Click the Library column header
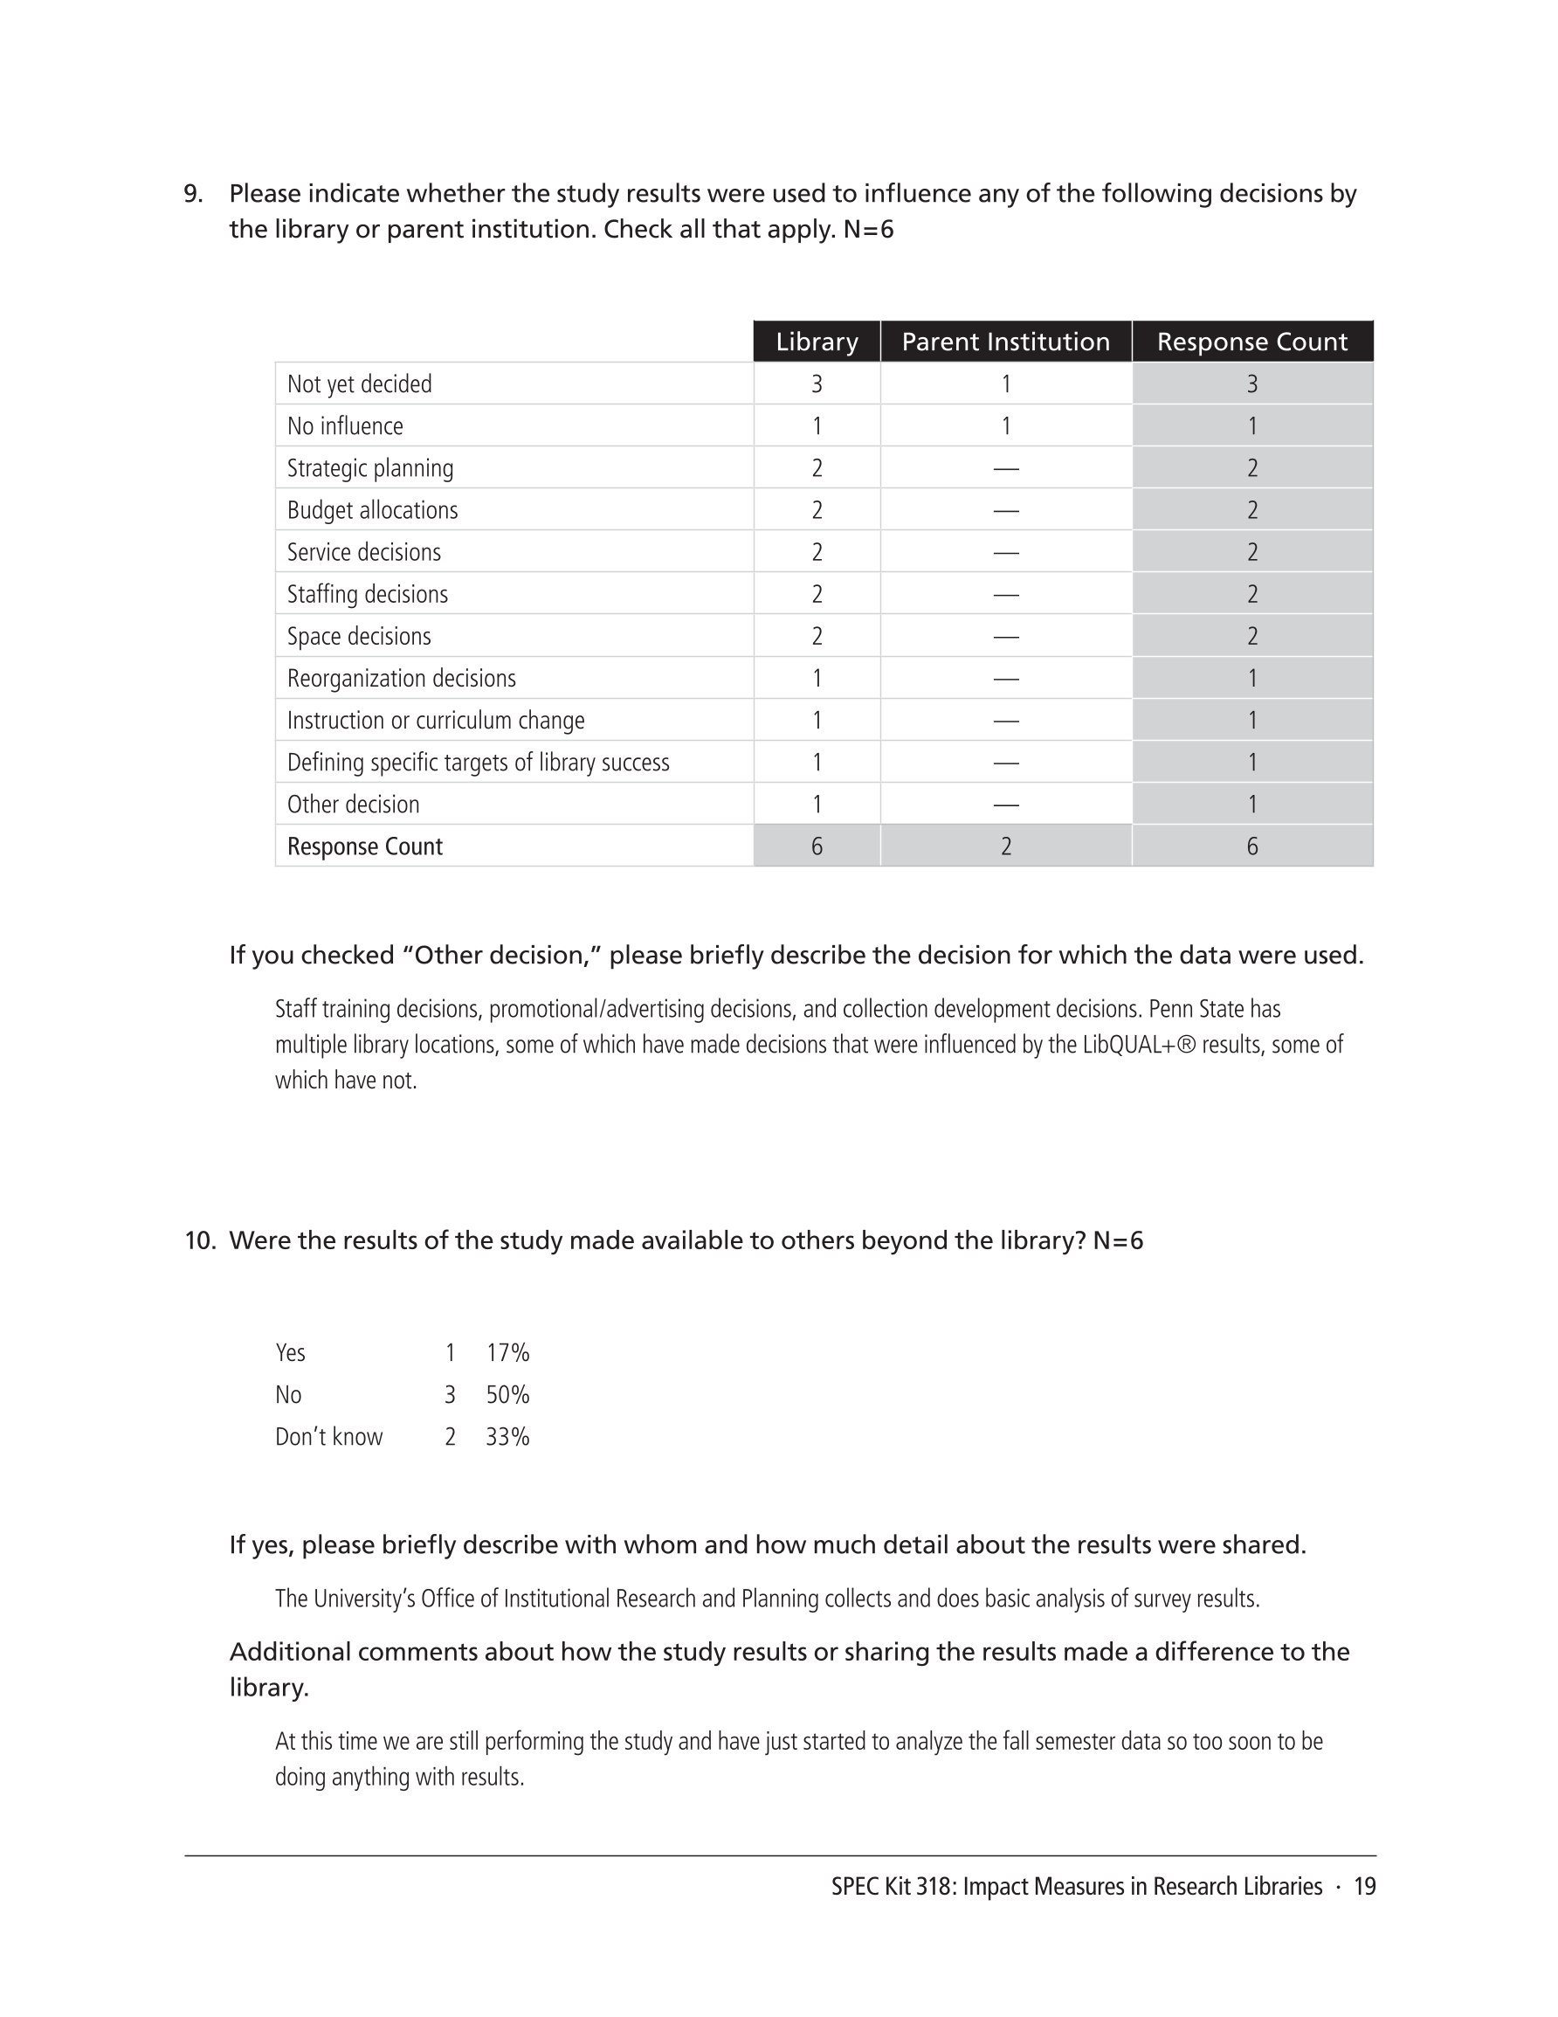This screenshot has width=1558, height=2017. click(817, 342)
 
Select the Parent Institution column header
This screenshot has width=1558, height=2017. click(1005, 342)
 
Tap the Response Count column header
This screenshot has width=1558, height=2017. click(1251, 342)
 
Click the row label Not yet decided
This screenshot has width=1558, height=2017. click(359, 384)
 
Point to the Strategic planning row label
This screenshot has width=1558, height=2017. click(370, 468)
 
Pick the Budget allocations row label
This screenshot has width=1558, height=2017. click(372, 511)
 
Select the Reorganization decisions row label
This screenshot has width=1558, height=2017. click(401, 679)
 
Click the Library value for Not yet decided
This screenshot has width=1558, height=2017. click(817, 384)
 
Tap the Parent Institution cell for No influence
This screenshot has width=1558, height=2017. click(1006, 426)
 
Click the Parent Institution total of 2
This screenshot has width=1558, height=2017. click(1006, 846)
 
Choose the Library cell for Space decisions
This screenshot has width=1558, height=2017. click(817, 636)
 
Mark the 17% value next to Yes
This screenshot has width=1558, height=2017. click(508, 1353)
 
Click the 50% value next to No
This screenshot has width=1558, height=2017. click(508, 1394)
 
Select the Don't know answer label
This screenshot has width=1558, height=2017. click(328, 1437)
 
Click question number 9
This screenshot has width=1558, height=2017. click(192, 194)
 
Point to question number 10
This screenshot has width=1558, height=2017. click(198, 1240)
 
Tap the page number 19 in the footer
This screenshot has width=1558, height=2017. click(1364, 1887)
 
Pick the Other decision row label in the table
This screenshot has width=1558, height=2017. click(353, 805)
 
